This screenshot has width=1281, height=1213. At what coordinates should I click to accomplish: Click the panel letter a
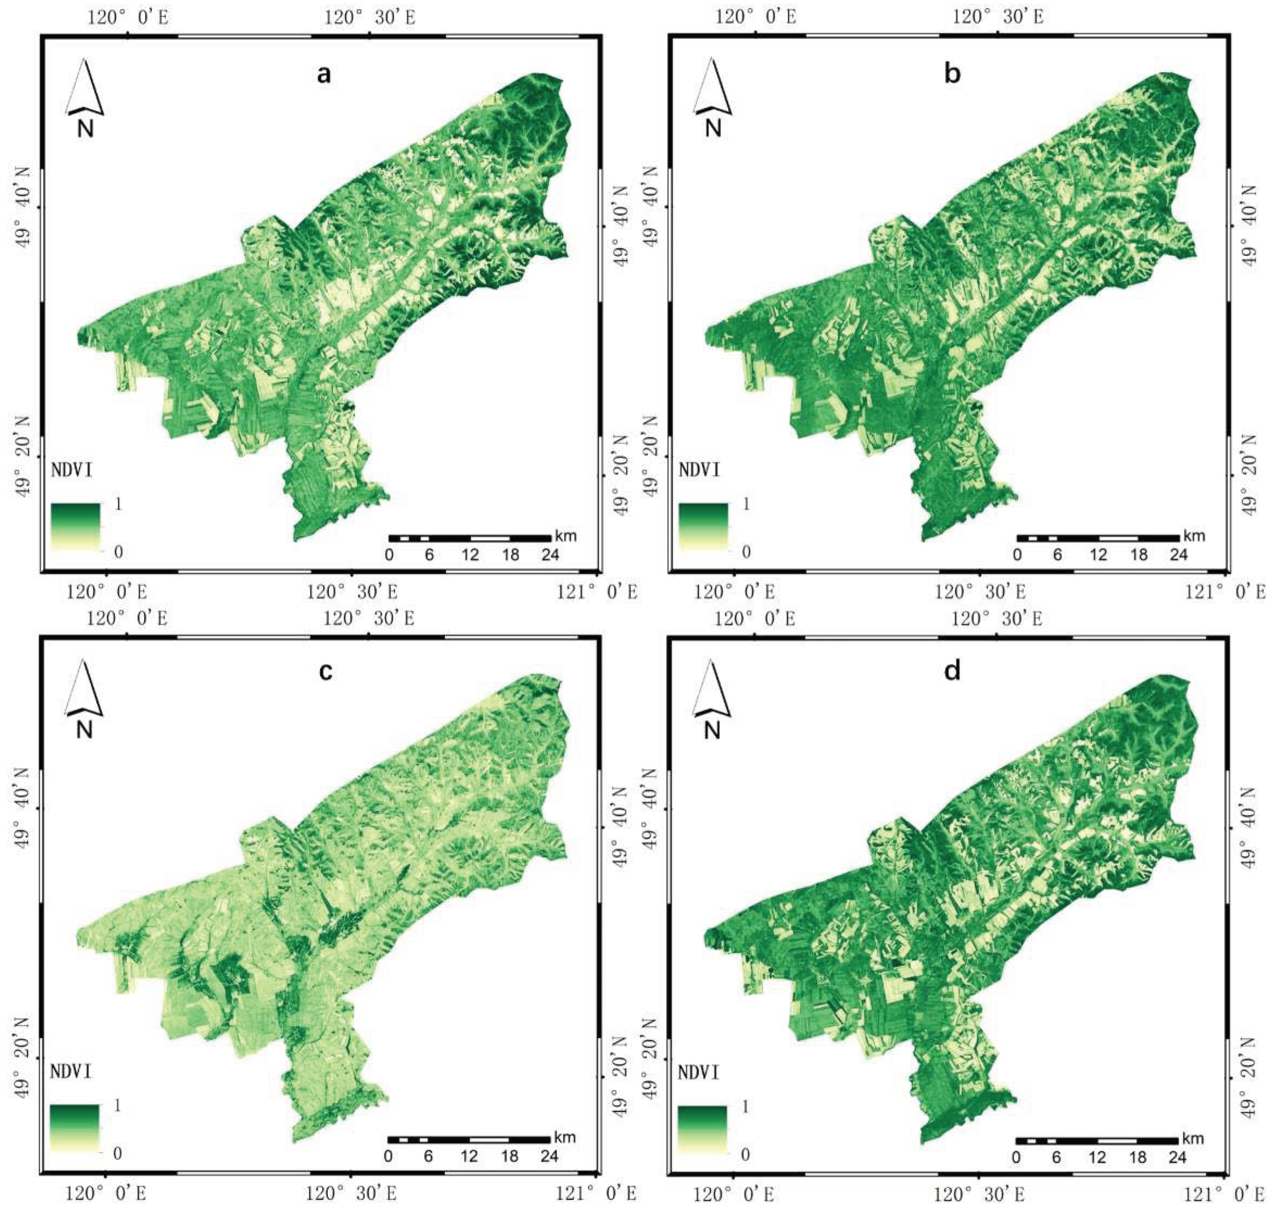[x=323, y=75]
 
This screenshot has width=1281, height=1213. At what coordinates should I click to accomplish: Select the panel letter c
[x=325, y=672]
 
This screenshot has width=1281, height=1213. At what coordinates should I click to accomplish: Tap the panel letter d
[x=952, y=672]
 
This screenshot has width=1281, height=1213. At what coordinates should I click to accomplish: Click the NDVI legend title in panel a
[x=71, y=470]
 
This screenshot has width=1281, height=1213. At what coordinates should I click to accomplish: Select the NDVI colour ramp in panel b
[x=703, y=527]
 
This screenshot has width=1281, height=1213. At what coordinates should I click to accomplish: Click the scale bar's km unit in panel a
[x=565, y=536]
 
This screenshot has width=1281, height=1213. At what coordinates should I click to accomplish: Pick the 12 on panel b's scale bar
[x=1098, y=555]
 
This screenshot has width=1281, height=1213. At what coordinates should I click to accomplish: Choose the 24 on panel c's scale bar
[x=549, y=1156]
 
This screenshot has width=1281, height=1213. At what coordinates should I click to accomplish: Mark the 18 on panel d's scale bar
[x=1137, y=1158]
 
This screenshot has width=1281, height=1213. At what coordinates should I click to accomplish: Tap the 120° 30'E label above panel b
[x=997, y=17]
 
